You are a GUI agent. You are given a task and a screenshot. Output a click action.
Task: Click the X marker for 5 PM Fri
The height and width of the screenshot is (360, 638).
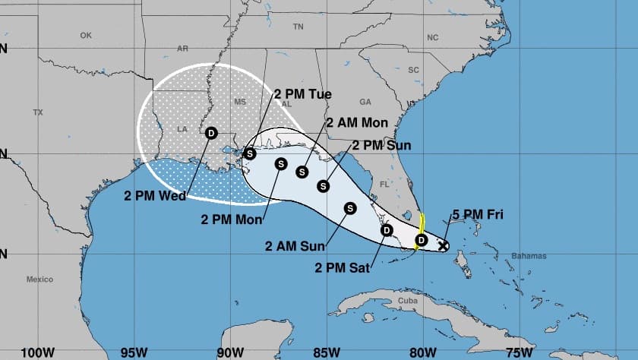click(x=443, y=246)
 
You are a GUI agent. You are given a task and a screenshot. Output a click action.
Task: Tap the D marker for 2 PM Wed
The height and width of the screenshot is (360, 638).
click(x=210, y=133)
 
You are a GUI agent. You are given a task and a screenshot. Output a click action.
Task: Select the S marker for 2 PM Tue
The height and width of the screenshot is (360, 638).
click(x=250, y=153)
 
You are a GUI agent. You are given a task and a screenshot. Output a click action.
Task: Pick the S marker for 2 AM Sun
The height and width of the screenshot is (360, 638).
click(x=350, y=207)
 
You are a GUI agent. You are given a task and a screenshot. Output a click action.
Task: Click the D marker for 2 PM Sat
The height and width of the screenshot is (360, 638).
click(x=386, y=230)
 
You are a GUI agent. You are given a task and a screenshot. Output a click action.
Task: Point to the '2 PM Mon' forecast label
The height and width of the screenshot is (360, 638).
click(x=232, y=220)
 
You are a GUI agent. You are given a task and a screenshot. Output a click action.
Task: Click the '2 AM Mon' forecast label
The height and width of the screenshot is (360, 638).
click(x=357, y=122)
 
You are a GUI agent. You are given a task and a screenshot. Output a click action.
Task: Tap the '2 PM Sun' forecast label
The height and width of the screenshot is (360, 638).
click(x=381, y=145)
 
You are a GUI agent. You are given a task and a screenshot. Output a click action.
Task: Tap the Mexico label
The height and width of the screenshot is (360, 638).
click(x=39, y=279)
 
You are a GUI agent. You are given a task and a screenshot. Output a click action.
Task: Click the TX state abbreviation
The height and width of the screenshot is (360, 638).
click(x=38, y=112)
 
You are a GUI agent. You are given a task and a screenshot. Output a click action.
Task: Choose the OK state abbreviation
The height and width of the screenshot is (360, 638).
click(x=85, y=35)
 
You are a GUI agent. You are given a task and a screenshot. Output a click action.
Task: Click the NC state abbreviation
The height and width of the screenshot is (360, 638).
click(x=433, y=36)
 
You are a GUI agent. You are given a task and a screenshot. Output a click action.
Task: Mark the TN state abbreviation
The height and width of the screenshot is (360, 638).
click(x=298, y=26)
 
